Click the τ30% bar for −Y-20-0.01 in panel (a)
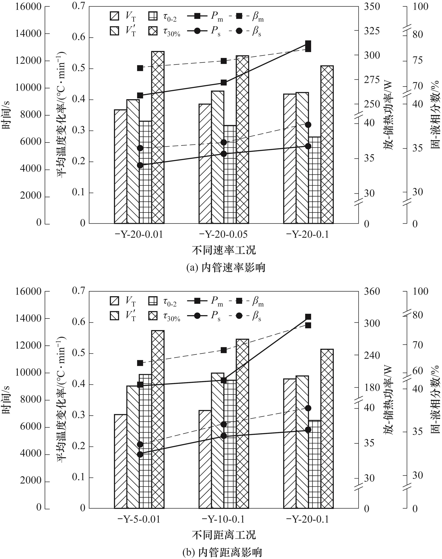pos(158,137)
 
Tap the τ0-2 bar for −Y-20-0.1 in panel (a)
pos(315,180)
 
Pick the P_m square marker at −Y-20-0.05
pos(224,83)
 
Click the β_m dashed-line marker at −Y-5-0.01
pos(140,363)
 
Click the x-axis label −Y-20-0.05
pos(223,234)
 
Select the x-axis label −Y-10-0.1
pos(223,519)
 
